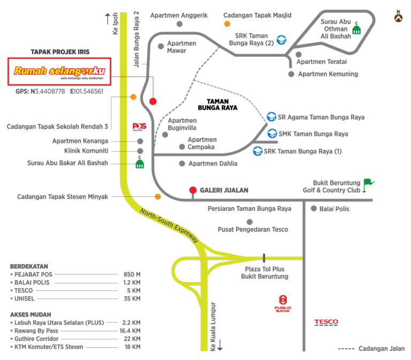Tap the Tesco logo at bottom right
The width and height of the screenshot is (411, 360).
pyautogui.click(x=326, y=323)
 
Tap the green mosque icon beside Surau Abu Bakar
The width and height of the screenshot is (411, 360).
pyautogui.click(x=140, y=163)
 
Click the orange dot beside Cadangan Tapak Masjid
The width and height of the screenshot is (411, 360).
pyautogui.click(x=227, y=24)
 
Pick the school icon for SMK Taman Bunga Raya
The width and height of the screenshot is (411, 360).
pyautogui.click(x=272, y=134)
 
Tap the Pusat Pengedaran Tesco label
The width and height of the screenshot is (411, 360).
pyautogui.click(x=253, y=229)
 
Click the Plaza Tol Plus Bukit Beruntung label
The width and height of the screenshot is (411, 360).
pyautogui.click(x=264, y=273)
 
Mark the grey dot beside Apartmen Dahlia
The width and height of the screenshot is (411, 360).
pyautogui.click(x=182, y=163)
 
